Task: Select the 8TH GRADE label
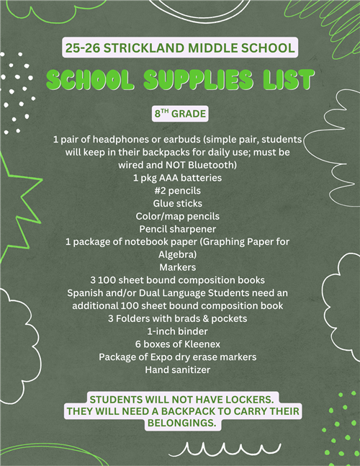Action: click(x=179, y=114)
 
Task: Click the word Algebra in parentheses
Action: click(x=177, y=254)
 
